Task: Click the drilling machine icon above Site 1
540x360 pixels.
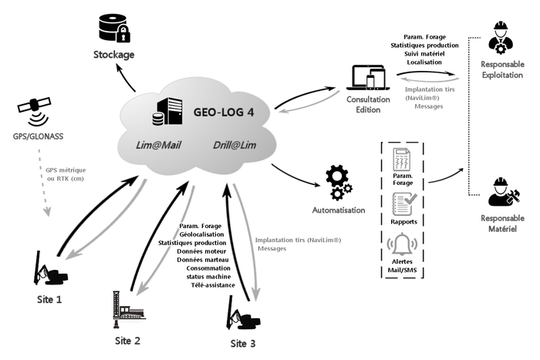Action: (50, 267)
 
